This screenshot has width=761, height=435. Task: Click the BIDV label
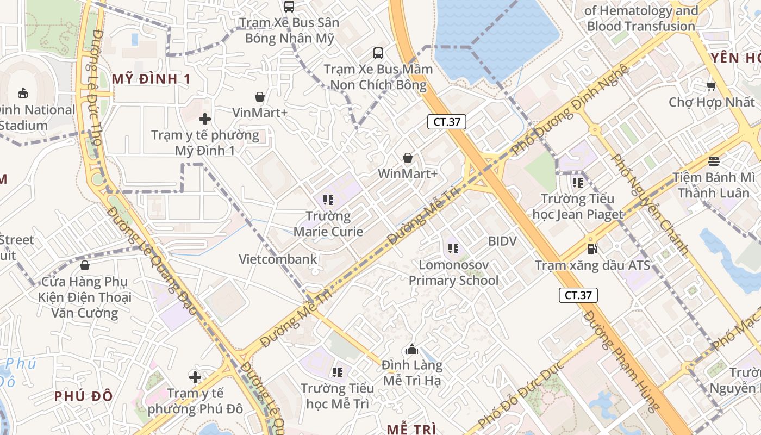(502, 241)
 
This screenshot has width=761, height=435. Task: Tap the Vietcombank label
(278, 259)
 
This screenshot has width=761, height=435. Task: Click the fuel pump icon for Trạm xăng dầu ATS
(592, 249)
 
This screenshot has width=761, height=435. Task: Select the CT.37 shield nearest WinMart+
(447, 122)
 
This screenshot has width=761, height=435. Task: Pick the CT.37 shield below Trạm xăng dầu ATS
(578, 295)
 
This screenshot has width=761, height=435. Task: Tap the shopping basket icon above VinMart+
(260, 97)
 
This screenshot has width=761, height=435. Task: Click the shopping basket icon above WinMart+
(408, 158)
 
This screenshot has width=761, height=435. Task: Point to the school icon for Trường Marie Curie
(328, 200)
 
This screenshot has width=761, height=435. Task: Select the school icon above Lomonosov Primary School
(453, 249)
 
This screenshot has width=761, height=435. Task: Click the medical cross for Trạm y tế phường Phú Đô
(195, 377)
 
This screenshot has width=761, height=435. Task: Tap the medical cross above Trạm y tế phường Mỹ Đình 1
(205, 119)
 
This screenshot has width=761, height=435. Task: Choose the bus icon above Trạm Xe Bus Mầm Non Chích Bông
(378, 53)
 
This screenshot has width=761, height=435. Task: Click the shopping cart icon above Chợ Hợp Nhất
(711, 86)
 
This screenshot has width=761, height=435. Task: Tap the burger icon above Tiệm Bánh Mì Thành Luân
(713, 161)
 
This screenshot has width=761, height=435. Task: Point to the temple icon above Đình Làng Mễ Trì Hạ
(412, 349)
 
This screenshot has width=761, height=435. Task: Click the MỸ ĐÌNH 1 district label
(151, 79)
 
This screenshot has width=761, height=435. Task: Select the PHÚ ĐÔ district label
(83, 396)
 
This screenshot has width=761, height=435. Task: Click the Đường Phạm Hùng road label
(621, 362)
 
